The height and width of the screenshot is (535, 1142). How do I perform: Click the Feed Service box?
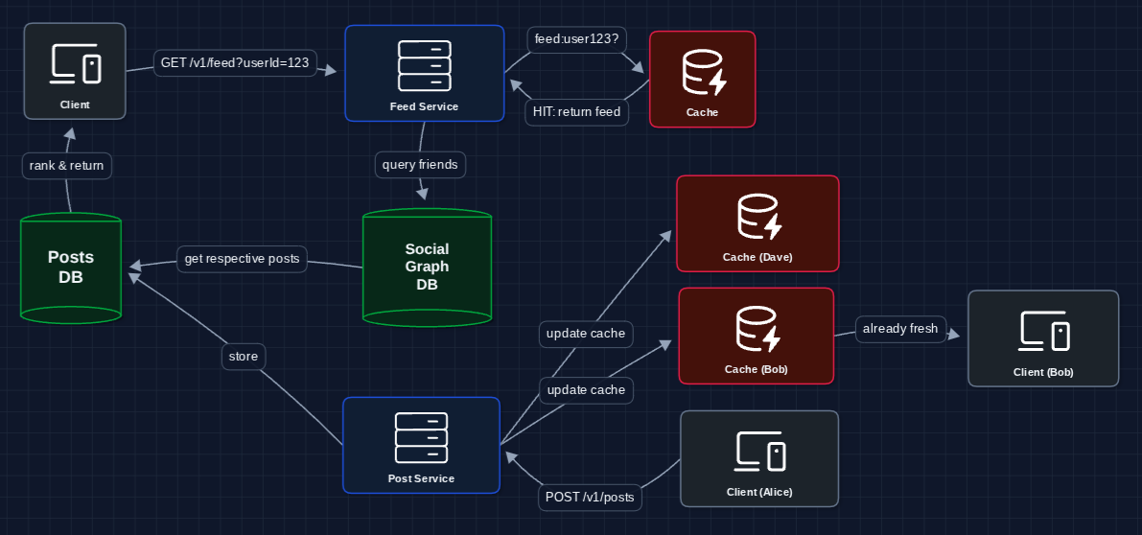click(424, 74)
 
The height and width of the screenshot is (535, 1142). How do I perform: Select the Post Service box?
click(421, 445)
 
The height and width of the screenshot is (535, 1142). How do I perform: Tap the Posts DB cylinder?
click(71, 267)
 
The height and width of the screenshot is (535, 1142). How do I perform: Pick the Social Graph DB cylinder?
click(427, 267)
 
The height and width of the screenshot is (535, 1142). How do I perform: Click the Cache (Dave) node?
click(757, 223)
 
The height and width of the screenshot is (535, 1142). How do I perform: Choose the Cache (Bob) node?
click(756, 336)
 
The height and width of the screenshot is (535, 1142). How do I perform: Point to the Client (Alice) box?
click(759, 458)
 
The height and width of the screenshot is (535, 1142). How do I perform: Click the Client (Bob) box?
click(1043, 338)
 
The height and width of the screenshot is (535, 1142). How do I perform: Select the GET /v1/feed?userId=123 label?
click(235, 63)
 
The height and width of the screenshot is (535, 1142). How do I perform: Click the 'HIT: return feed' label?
click(576, 112)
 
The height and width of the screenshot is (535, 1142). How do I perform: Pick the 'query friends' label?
click(420, 165)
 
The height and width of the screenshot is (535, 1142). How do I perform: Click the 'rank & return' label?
click(67, 166)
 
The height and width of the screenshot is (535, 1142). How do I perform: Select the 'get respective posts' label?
click(242, 259)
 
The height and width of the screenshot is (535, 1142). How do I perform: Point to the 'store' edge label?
click(244, 357)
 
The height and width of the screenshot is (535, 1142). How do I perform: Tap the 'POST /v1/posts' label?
click(590, 498)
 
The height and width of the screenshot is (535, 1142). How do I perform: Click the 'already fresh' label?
click(899, 329)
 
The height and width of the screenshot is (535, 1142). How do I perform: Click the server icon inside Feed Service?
click(424, 64)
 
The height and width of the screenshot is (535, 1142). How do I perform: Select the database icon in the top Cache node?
click(703, 73)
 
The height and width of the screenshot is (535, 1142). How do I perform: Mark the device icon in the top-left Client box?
click(75, 65)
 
